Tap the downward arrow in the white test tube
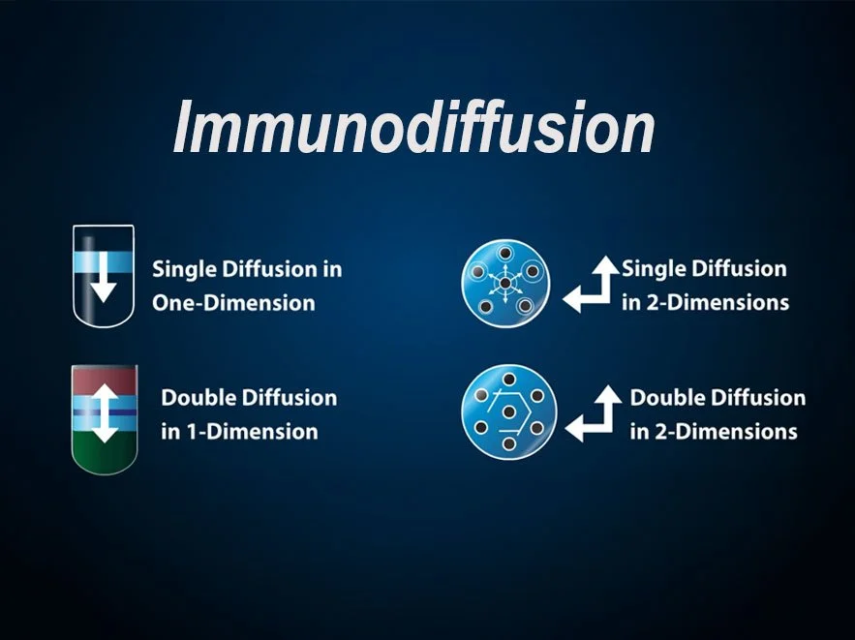point(104,282)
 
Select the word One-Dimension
point(233,302)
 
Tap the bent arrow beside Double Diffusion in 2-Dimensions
point(592,413)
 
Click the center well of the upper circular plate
point(504,282)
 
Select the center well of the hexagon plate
point(507,412)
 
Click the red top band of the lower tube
point(104,381)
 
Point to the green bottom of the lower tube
point(104,456)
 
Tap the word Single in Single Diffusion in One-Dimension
point(180,268)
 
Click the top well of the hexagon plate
point(507,380)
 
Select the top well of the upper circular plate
point(504,251)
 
